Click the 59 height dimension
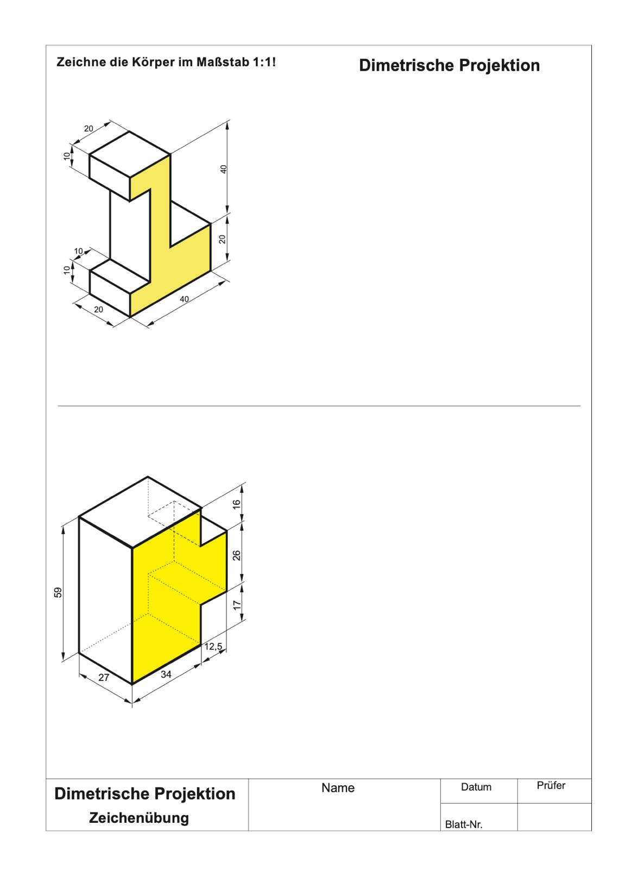[58, 592]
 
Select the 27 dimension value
[104, 677]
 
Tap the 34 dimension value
[166, 674]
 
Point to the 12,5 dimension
[213, 647]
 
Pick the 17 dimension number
[237, 605]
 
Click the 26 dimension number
[237, 555]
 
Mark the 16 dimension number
[237, 504]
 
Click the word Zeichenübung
[139, 818]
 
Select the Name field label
[338, 788]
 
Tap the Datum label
[476, 787]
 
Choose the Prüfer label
[551, 786]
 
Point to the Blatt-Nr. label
[464, 825]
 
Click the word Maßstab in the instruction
[223, 62]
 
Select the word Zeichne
[81, 62]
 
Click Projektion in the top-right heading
[500, 66]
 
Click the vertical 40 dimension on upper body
[224, 170]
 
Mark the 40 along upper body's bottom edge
[184, 299]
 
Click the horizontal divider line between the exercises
[319, 406]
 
